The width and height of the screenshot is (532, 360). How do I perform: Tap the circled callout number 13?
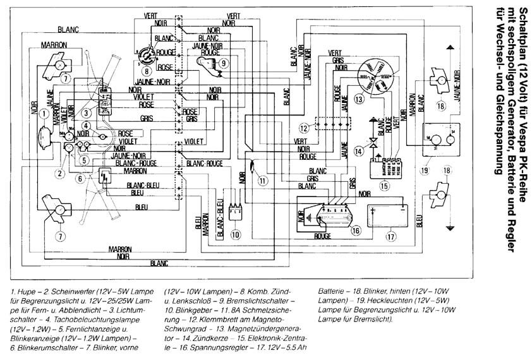coord(359,99)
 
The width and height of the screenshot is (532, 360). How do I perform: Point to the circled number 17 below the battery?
coord(391,237)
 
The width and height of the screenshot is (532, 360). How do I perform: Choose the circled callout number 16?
coord(356,231)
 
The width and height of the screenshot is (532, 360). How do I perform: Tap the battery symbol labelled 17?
coord(391,213)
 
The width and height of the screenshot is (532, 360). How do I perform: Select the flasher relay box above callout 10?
coord(235,212)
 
